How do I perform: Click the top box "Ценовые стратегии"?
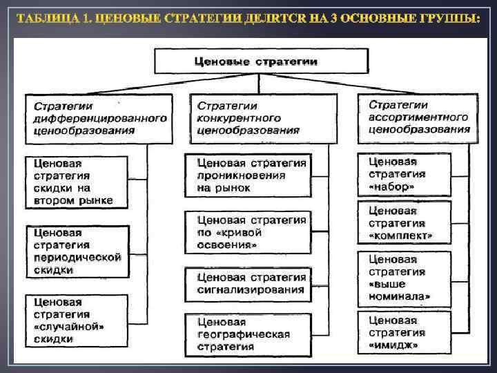click(257, 61)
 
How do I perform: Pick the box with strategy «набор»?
click(404, 174)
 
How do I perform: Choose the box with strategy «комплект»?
click(404, 223)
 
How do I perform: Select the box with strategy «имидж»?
click(404, 331)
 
